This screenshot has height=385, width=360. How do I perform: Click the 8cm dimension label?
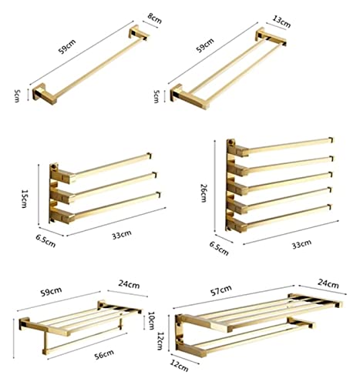[x=155, y=18]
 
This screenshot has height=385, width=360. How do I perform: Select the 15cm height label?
[x=24, y=199]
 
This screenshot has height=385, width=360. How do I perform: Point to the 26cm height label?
[x=203, y=193]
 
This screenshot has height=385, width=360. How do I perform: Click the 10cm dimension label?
[x=151, y=320]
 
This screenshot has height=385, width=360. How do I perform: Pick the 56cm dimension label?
[x=104, y=354]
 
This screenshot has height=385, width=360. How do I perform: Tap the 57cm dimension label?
[x=221, y=290]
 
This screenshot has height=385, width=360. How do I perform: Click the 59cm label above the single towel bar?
[x=67, y=46]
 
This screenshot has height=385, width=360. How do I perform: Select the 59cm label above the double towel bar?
[x=205, y=45]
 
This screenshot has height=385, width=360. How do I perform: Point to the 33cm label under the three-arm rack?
[x=122, y=235]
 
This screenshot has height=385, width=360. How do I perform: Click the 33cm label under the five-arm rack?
[x=301, y=244]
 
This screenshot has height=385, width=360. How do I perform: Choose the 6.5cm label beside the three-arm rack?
[x=45, y=241]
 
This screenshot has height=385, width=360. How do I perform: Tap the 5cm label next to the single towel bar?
[x=16, y=95]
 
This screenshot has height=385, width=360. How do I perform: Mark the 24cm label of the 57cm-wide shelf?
[x=328, y=283]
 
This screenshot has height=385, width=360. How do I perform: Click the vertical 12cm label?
[x=160, y=340]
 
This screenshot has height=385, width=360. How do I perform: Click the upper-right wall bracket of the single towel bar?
[x=138, y=33]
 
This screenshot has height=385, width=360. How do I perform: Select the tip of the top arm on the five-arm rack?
[x=331, y=140]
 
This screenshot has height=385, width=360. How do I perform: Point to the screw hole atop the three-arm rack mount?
[x=54, y=166]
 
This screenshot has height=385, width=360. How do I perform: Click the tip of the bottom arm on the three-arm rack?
[x=159, y=195]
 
